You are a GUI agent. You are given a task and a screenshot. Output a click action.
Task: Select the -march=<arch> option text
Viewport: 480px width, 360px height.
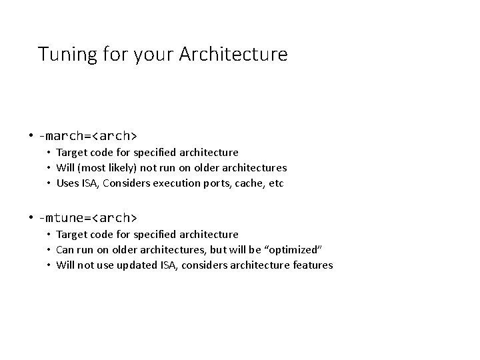(x=87, y=136)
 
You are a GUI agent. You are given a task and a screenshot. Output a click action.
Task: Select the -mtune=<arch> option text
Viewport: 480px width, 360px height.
(x=87, y=218)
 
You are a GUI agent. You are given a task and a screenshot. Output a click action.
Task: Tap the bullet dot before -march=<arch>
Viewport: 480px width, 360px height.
(x=31, y=136)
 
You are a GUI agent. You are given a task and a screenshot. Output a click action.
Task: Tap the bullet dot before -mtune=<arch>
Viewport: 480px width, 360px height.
(x=31, y=218)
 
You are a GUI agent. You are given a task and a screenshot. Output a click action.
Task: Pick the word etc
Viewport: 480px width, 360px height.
(x=277, y=183)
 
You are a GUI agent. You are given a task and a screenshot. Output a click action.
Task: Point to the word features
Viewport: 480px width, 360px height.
(x=311, y=265)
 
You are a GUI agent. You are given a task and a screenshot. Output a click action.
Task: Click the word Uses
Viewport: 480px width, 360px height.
(x=67, y=183)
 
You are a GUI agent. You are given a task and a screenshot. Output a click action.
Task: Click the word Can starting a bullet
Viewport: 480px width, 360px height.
(x=65, y=249)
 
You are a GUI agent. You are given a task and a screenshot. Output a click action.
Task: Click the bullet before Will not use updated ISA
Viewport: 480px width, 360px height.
(x=49, y=265)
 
